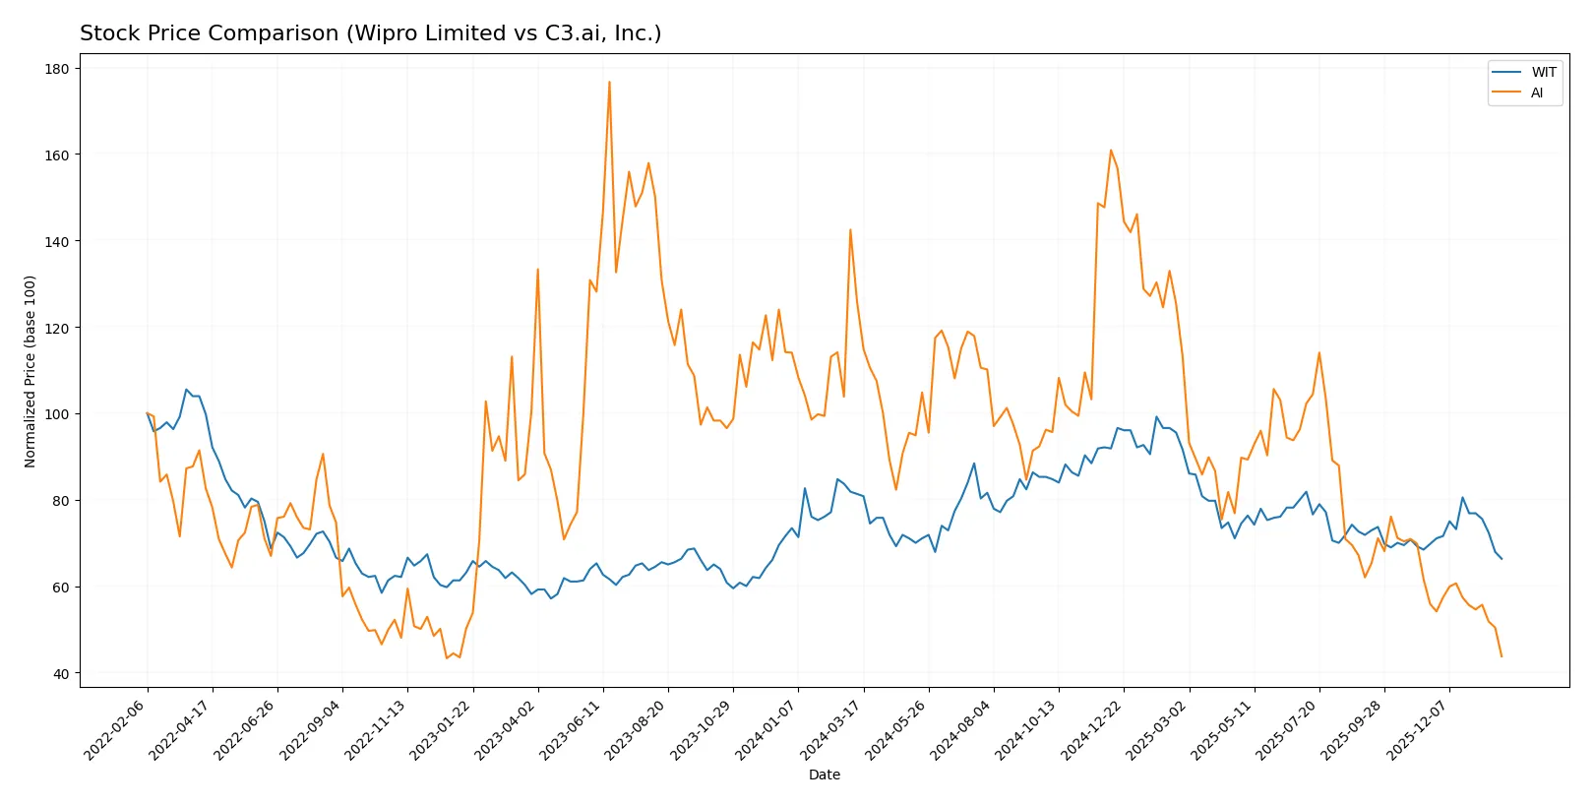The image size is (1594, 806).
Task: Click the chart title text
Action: click(x=370, y=33)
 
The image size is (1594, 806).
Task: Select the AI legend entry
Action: click(x=1536, y=93)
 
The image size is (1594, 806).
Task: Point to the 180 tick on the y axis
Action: click(x=57, y=69)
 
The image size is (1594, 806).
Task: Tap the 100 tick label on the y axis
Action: click(x=57, y=414)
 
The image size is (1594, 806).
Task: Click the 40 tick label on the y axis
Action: click(x=60, y=674)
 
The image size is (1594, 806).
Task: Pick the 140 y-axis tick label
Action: click(x=57, y=242)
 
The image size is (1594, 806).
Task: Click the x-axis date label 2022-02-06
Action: click(x=116, y=729)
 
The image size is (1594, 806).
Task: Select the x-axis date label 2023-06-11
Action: click(x=572, y=729)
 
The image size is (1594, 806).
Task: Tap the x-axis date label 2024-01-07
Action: click(x=766, y=729)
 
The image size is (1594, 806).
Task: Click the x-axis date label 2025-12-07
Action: click(x=1418, y=729)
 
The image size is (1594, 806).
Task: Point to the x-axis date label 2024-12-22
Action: click(x=1092, y=729)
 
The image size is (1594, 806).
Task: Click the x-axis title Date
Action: click(x=824, y=775)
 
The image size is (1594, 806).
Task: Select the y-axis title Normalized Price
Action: click(x=31, y=371)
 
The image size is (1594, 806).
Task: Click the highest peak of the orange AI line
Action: click(x=609, y=82)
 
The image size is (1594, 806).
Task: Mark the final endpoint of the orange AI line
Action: click(x=1501, y=656)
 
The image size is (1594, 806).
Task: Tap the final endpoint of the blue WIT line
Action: click(x=1501, y=559)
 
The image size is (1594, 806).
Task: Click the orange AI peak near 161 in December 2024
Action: click(x=1111, y=151)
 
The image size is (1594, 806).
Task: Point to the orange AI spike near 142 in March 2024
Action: click(x=850, y=230)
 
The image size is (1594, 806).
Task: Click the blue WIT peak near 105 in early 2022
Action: click(x=187, y=390)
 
